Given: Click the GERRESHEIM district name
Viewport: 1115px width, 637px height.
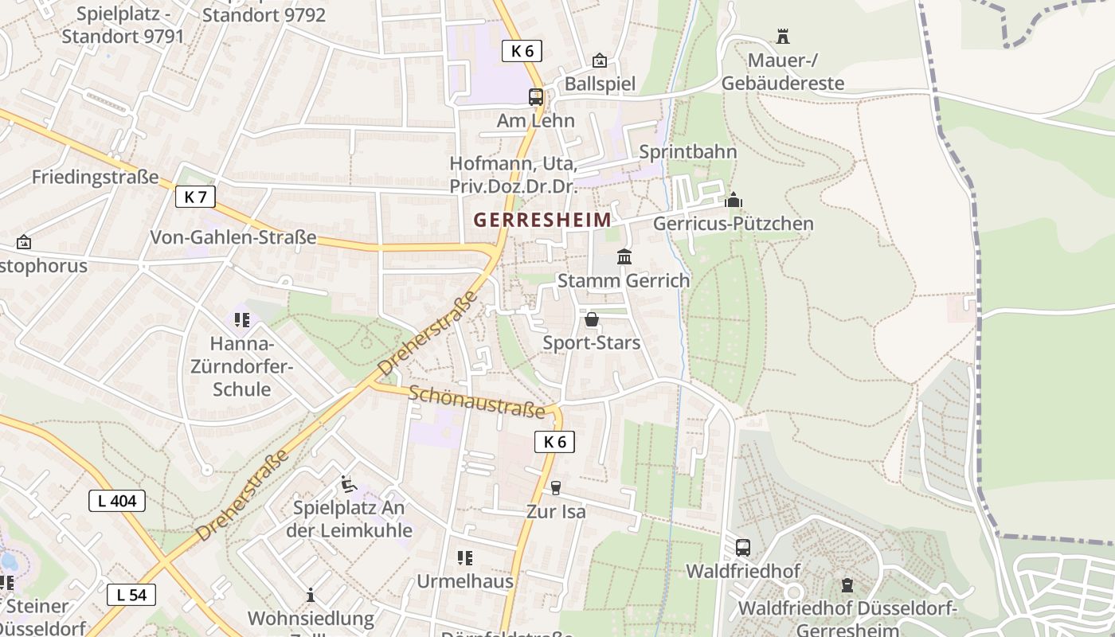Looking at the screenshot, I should pos(542,220).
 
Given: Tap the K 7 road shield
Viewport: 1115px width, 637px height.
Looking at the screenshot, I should pos(195,197).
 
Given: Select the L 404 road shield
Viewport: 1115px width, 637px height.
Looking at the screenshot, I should pos(116,501).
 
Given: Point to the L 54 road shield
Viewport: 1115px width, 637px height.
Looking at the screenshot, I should pos(131,595).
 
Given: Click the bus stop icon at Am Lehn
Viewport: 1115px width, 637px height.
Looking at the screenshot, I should pos(536,97).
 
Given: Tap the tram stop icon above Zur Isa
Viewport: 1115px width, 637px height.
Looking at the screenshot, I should pos(555,488).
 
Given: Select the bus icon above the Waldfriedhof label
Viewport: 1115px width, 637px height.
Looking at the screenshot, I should pos(742,548).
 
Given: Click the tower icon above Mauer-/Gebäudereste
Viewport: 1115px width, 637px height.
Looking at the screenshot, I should pos(782,37).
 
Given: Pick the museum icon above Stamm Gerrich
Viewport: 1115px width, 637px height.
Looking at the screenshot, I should pos(624,257).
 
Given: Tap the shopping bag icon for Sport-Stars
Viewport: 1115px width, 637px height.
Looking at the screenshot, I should pos(592,320).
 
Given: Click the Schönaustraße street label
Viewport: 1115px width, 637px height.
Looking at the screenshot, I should pos(478,401).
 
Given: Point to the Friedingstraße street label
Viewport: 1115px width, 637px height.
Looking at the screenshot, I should pos(95,177).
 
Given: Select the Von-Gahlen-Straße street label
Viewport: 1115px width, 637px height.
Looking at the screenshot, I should pos(233,237).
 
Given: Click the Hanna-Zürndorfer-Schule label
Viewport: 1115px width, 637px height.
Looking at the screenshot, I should pos(241,367).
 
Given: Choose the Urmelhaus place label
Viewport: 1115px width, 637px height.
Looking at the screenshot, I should pos(465,581).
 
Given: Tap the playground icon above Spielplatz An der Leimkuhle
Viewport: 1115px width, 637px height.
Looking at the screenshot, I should pos(348,484).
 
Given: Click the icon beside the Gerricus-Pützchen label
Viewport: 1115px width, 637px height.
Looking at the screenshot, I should pos(734,200).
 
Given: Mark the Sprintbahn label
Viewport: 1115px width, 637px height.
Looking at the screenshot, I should pos(688,151).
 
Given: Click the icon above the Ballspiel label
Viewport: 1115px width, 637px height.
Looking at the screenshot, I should pos(599,61).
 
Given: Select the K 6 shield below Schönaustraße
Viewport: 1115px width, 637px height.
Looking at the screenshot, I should pos(554,442).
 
